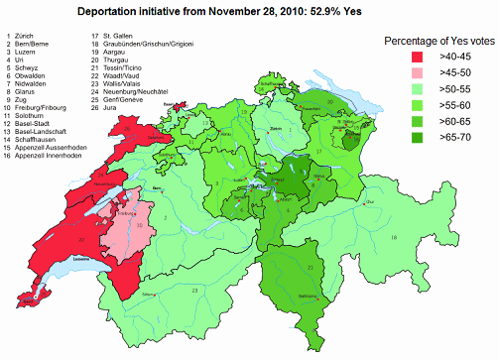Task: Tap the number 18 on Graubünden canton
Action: click(x=393, y=238)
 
